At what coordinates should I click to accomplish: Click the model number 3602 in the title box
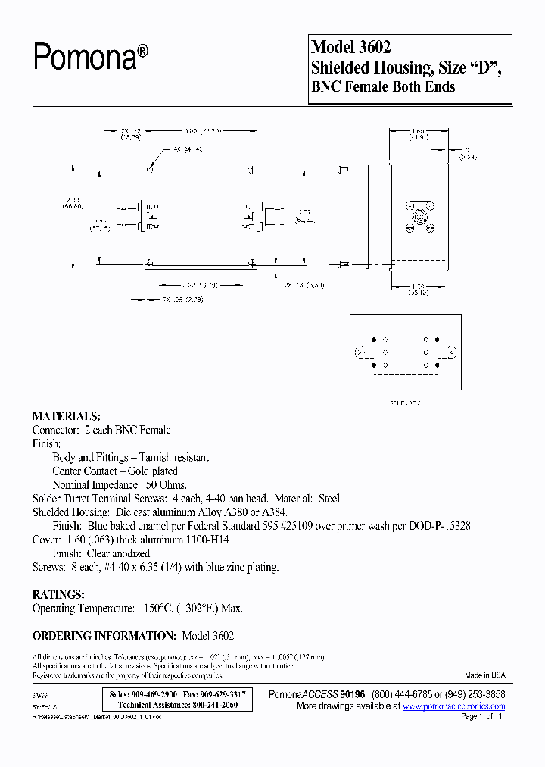[x=371, y=47]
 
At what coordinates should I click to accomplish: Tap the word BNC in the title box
[x=326, y=87]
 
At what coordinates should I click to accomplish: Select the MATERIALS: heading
[x=66, y=416]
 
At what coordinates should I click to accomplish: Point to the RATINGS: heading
[x=58, y=595]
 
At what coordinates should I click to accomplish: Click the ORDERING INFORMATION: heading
[x=104, y=636]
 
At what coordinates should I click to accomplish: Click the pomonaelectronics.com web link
[x=454, y=706]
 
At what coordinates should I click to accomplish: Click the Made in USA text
[x=484, y=675]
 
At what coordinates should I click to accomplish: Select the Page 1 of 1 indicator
[x=481, y=716]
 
